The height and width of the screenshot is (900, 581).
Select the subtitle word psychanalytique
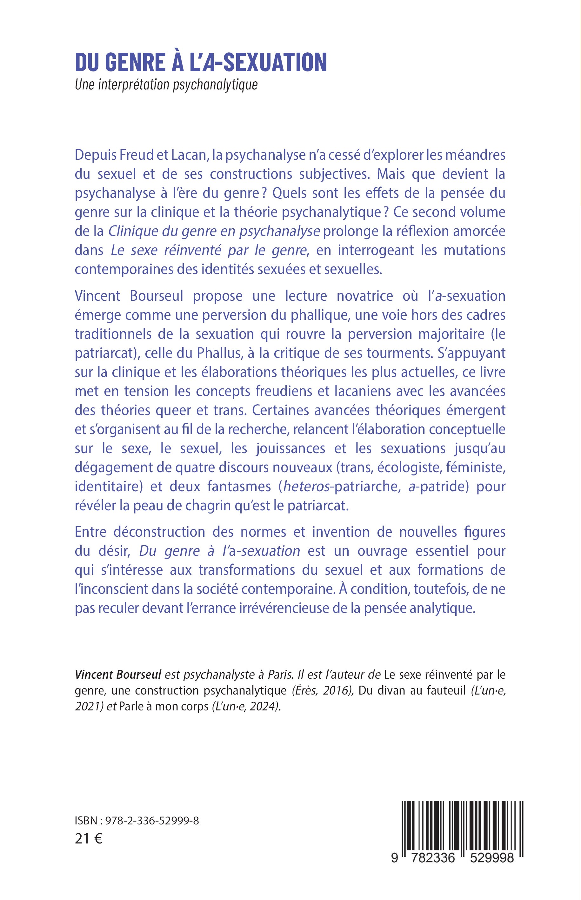pos(215,85)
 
